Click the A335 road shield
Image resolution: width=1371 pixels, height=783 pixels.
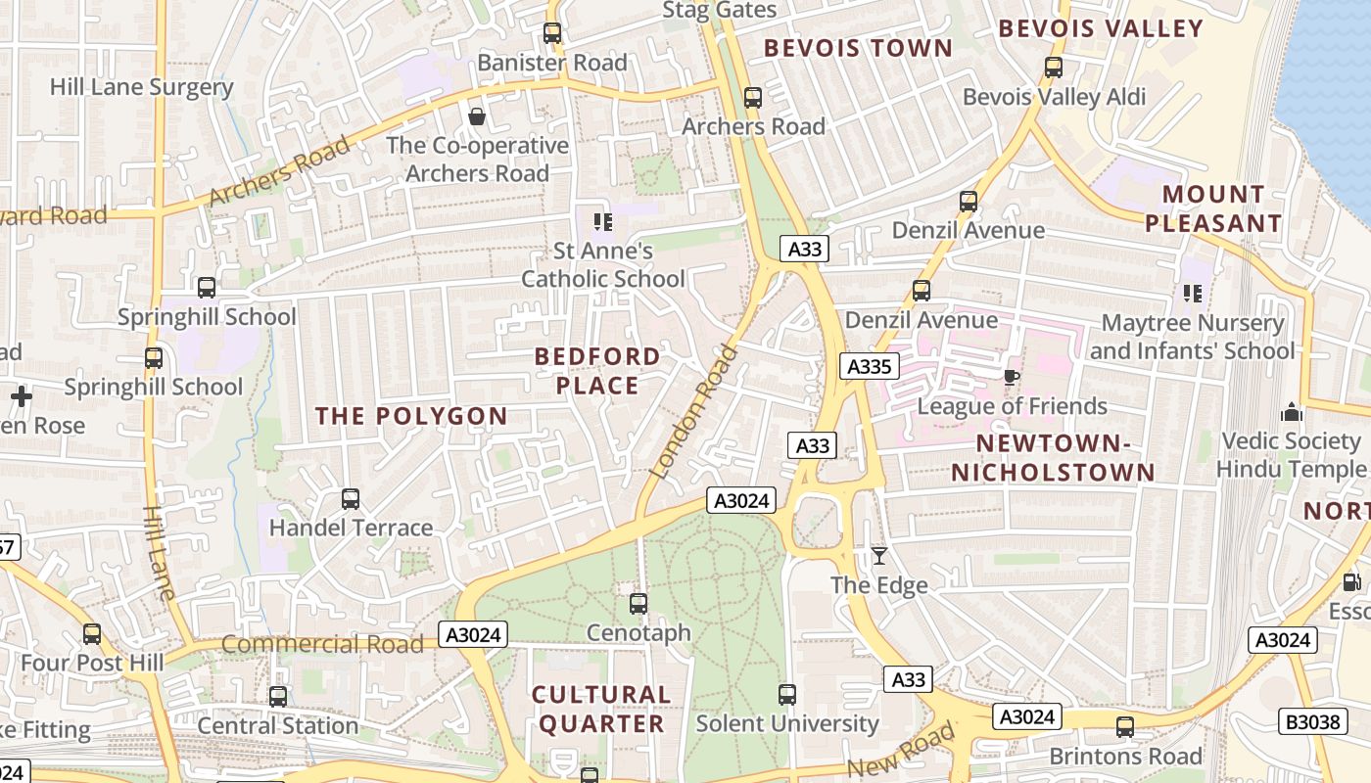[869, 367]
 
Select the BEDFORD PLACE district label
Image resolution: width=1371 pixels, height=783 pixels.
[596, 371]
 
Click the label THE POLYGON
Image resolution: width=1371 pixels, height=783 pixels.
[411, 416]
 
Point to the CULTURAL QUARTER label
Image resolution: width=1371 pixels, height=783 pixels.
[601, 710]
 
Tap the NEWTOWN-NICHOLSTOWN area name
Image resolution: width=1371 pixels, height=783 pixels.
[1054, 458]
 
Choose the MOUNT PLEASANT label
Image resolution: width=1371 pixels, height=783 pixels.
[1213, 208]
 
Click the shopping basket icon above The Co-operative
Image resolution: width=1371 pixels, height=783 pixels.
[477, 117]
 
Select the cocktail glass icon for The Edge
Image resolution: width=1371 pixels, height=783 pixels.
[879, 556]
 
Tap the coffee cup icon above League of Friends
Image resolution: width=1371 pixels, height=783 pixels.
[1012, 377]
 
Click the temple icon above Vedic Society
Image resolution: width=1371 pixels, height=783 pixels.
[1292, 412]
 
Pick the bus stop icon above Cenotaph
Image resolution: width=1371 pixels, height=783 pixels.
[638, 604]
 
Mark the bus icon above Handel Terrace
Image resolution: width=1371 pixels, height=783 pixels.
[351, 499]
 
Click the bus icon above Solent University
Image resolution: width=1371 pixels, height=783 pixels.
[787, 695]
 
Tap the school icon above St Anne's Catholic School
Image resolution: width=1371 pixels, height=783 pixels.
[603, 222]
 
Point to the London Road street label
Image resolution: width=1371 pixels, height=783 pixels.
[692, 411]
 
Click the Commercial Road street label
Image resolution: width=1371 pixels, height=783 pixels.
[322, 644]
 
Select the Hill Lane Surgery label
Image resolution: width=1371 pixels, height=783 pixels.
[141, 87]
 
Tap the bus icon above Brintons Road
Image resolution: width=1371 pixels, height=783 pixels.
[1125, 727]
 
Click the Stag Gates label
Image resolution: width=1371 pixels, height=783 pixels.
[719, 10]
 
